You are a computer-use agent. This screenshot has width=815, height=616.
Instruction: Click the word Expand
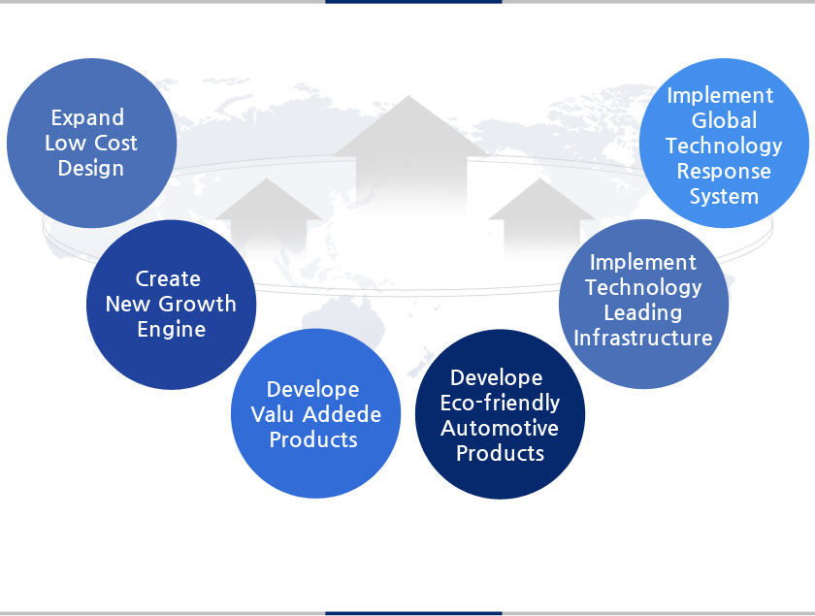(88, 118)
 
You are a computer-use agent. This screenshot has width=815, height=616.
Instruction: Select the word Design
(91, 169)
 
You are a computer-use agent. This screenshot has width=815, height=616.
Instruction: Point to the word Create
(168, 279)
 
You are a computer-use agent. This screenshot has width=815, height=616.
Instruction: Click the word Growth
(198, 304)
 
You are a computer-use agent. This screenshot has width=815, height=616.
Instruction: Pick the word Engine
(172, 330)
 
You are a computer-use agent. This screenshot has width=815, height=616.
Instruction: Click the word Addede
(342, 414)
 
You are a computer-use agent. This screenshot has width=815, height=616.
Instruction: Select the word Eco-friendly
(500, 403)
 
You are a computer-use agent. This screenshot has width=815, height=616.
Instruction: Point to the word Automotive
(500, 428)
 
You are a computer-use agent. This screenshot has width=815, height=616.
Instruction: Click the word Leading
(643, 313)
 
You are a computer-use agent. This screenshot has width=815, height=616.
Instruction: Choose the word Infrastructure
(643, 339)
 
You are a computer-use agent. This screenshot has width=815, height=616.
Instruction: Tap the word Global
(724, 120)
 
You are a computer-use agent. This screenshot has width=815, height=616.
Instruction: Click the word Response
(724, 172)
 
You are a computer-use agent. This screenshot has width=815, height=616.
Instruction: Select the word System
(724, 197)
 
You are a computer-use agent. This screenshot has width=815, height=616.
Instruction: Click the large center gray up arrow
(410, 156)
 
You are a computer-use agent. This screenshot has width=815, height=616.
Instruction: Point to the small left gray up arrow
(268, 218)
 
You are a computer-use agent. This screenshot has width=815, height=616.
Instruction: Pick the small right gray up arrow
(541, 218)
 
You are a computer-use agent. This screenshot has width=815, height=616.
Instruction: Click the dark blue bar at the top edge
(413, 2)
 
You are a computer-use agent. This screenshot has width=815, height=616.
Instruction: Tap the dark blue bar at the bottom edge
(413, 613)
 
